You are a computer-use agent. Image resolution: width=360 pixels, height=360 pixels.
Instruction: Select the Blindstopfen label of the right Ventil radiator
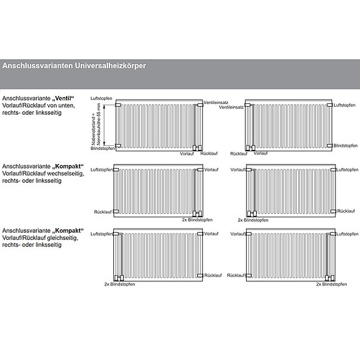345,145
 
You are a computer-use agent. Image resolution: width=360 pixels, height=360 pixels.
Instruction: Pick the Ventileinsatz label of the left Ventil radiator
217,102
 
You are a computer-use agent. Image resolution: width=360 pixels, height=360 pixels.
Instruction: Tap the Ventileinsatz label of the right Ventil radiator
232,107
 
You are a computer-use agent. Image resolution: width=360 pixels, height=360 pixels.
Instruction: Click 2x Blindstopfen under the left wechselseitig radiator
197,219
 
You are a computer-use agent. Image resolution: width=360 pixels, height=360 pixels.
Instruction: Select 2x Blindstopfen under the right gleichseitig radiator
331,284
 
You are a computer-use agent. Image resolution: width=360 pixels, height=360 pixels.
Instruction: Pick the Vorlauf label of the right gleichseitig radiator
237,235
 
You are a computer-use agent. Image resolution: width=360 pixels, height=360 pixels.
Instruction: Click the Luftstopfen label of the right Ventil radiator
345,105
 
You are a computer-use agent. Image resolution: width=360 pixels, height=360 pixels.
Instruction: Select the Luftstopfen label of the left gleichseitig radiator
102,234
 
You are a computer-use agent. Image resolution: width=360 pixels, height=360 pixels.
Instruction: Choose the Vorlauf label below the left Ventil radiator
187,153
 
